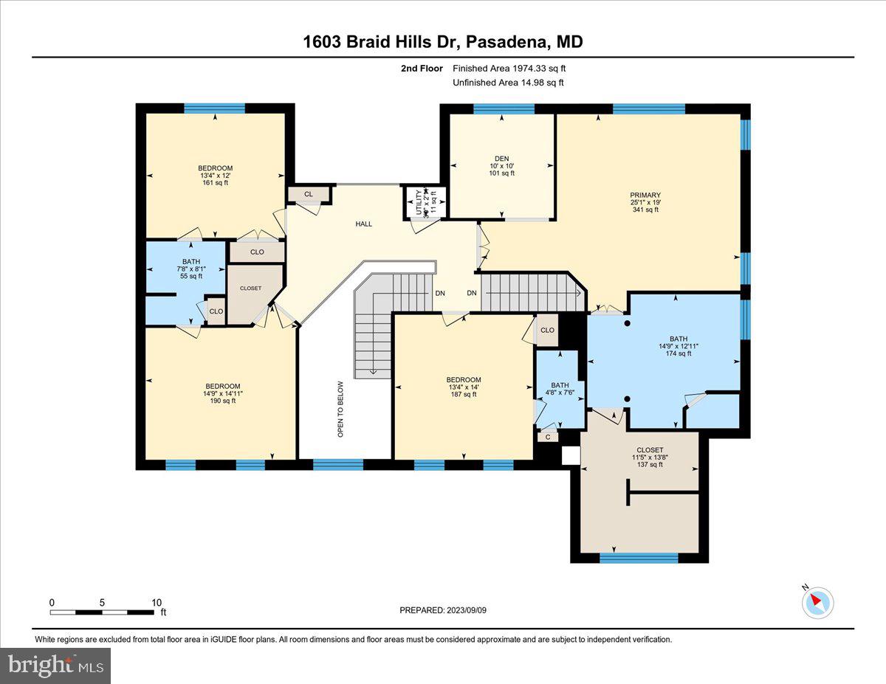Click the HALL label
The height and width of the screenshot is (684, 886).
pyautogui.click(x=363, y=224)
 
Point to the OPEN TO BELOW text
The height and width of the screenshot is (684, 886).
pyautogui.click(x=341, y=409)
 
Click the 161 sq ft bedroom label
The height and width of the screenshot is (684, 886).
pyautogui.click(x=215, y=175)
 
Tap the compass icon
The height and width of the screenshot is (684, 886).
pyautogui.click(x=817, y=602)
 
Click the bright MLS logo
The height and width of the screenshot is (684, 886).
pyautogui.click(x=55, y=666)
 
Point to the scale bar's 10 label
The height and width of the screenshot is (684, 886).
pyautogui.click(x=156, y=603)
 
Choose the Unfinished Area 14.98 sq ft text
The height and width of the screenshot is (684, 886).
pyautogui.click(x=508, y=83)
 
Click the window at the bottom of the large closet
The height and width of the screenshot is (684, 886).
pyautogui.click(x=639, y=558)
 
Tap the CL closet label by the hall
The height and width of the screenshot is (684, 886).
pyautogui.click(x=308, y=194)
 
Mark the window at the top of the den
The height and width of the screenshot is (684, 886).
pyautogui.click(x=504, y=109)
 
